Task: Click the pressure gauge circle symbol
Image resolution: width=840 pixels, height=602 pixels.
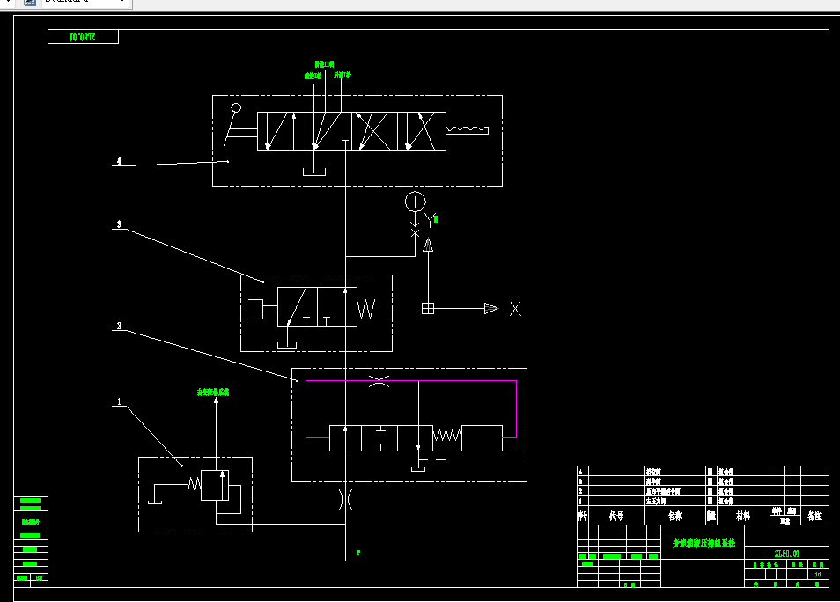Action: click(x=415, y=202)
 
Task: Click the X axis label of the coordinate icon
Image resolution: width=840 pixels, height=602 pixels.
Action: click(x=516, y=309)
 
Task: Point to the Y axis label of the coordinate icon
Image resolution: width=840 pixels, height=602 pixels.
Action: click(x=430, y=218)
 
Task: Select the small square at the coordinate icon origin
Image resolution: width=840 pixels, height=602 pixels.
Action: click(x=428, y=308)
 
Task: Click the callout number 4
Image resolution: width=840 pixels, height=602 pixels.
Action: click(x=118, y=161)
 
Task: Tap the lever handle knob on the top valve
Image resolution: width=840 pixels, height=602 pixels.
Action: click(x=235, y=108)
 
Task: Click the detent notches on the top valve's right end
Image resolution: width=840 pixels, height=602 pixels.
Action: click(x=467, y=130)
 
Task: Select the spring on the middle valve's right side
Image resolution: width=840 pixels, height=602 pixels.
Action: click(x=367, y=309)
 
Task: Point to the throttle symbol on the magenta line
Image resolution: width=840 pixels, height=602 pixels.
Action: click(x=379, y=381)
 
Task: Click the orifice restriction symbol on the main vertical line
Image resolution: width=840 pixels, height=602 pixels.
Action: click(x=346, y=501)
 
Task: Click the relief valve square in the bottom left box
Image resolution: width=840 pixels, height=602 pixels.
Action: click(x=215, y=485)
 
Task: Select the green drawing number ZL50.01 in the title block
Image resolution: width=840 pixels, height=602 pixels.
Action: click(x=786, y=554)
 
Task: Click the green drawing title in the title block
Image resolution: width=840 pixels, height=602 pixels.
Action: click(x=704, y=543)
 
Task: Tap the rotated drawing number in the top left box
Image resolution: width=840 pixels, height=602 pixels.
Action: click(x=83, y=37)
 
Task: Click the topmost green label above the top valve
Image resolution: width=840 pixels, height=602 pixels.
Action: click(x=324, y=64)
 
